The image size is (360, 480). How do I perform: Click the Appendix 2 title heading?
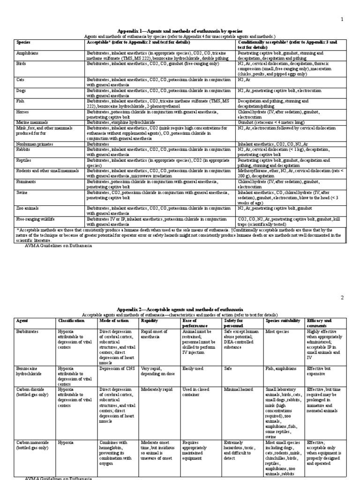180,309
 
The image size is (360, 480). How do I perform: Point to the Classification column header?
71,321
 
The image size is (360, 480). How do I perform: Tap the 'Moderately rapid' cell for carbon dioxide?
157,389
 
